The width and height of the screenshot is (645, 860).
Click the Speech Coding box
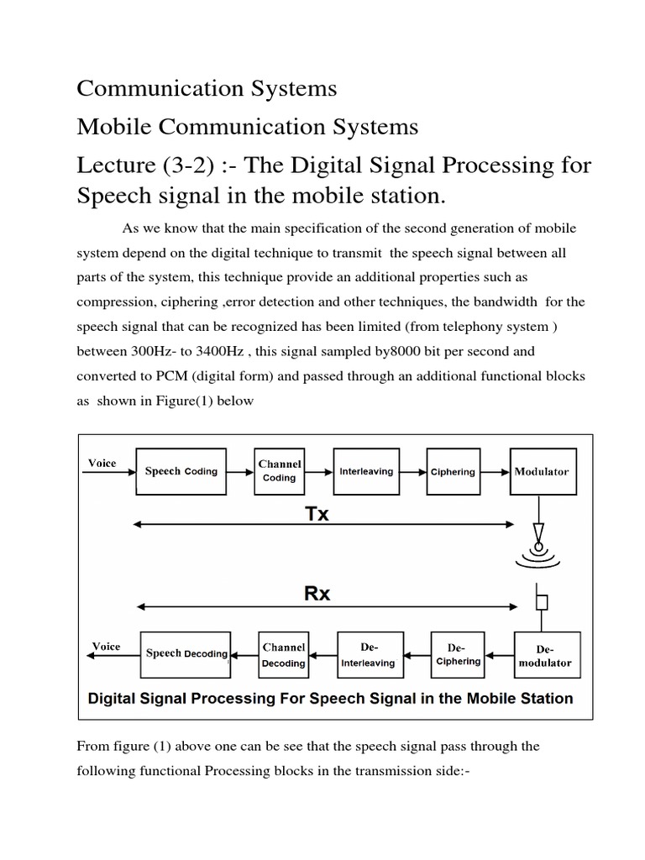[181, 471]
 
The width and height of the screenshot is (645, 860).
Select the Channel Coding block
[280, 471]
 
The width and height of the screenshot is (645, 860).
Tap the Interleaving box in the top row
[365, 471]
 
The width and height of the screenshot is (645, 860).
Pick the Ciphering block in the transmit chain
[453, 472]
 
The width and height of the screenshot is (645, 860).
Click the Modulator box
[541, 471]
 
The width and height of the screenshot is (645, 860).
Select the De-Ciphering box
[456, 654]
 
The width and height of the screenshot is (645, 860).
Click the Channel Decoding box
[283, 654]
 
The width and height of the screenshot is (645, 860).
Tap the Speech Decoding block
[186, 653]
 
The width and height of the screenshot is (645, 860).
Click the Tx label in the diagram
[316, 514]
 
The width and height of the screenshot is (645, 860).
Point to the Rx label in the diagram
[316, 593]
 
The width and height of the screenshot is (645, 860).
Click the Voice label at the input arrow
[102, 463]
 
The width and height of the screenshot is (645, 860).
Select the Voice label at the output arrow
[106, 646]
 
